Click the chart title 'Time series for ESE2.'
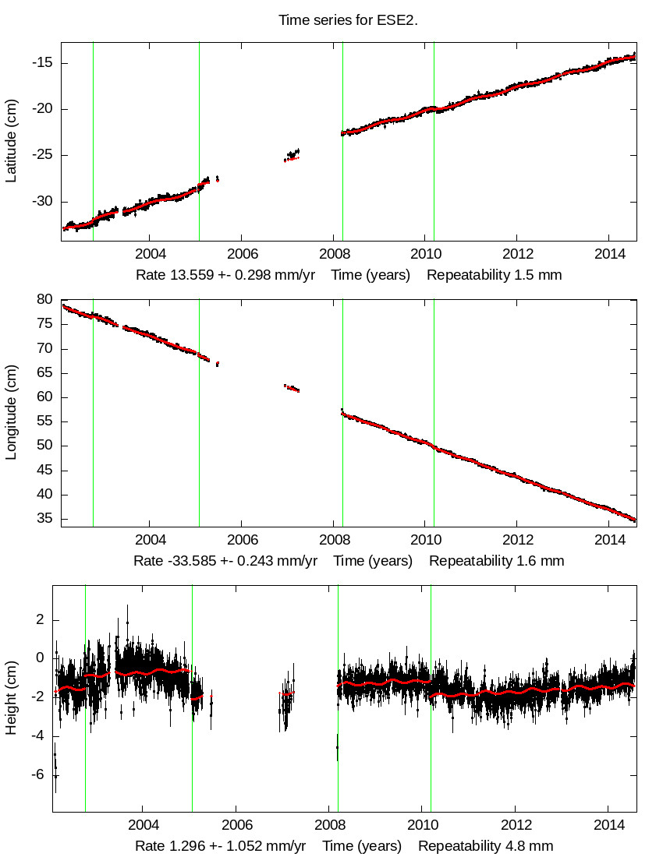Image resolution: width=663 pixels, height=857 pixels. tap(348, 20)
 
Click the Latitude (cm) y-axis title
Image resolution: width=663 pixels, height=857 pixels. tap(11, 141)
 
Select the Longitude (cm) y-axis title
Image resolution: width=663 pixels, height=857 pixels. tap(11, 412)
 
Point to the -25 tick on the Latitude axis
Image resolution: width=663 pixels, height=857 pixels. tap(41, 155)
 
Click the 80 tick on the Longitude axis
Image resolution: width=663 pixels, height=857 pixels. tap(44, 300)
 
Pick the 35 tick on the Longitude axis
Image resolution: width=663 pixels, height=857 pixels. tap(44, 519)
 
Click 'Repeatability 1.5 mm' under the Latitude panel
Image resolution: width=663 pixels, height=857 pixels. tap(494, 275)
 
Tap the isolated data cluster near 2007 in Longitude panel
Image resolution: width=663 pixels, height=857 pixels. tap(292, 387)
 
